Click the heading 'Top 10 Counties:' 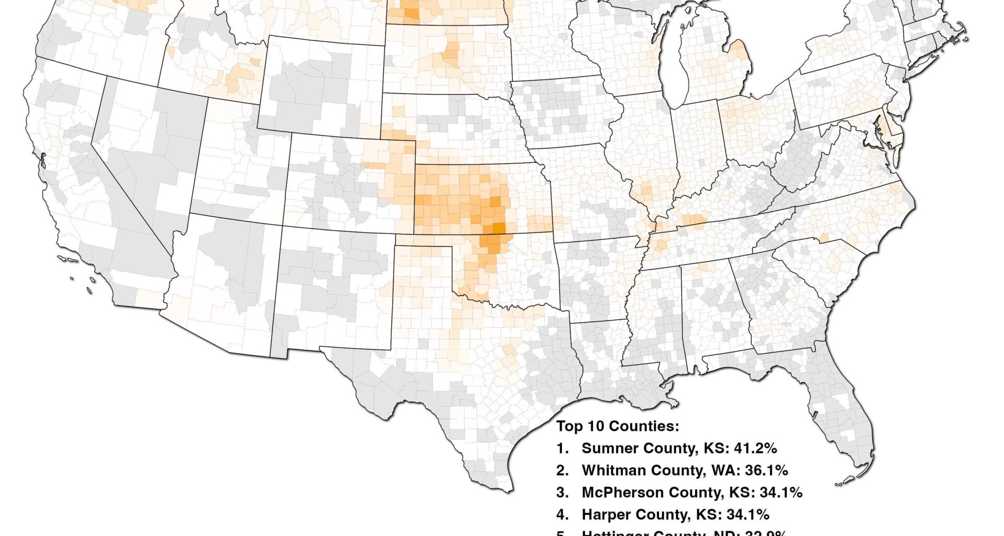618,426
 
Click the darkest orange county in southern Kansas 498,228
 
